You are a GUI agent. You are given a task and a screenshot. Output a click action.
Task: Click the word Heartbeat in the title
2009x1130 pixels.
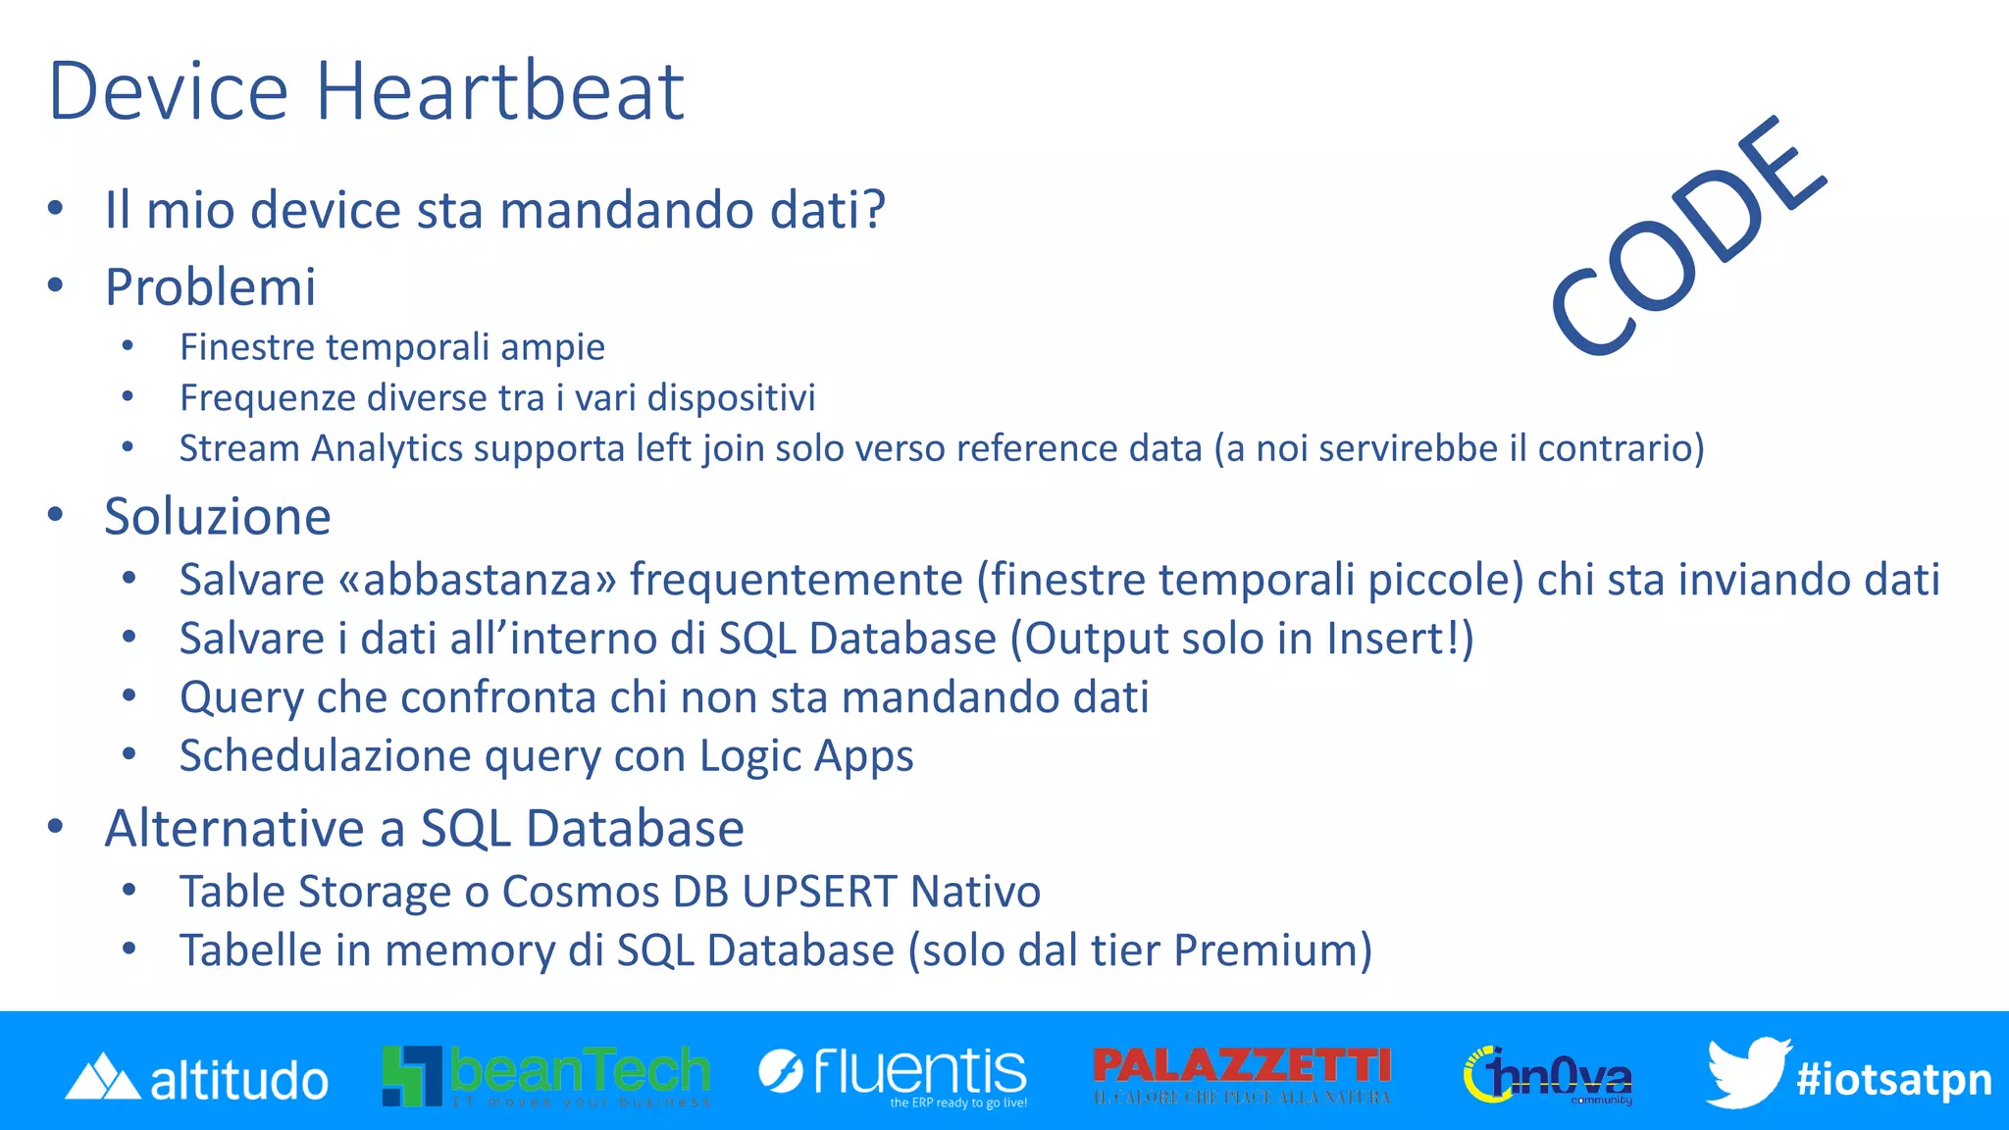click(499, 91)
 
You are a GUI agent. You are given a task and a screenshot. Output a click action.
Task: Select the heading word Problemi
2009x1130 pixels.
click(210, 286)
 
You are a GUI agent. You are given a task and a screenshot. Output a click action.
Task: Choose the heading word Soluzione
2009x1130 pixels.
click(218, 516)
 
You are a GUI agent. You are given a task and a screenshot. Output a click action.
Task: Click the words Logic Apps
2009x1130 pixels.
click(806, 756)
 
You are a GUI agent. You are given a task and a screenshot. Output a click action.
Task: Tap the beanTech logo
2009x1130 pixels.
click(546, 1075)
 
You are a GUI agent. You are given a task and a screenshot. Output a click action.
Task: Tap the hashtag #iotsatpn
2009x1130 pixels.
click(1893, 1079)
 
